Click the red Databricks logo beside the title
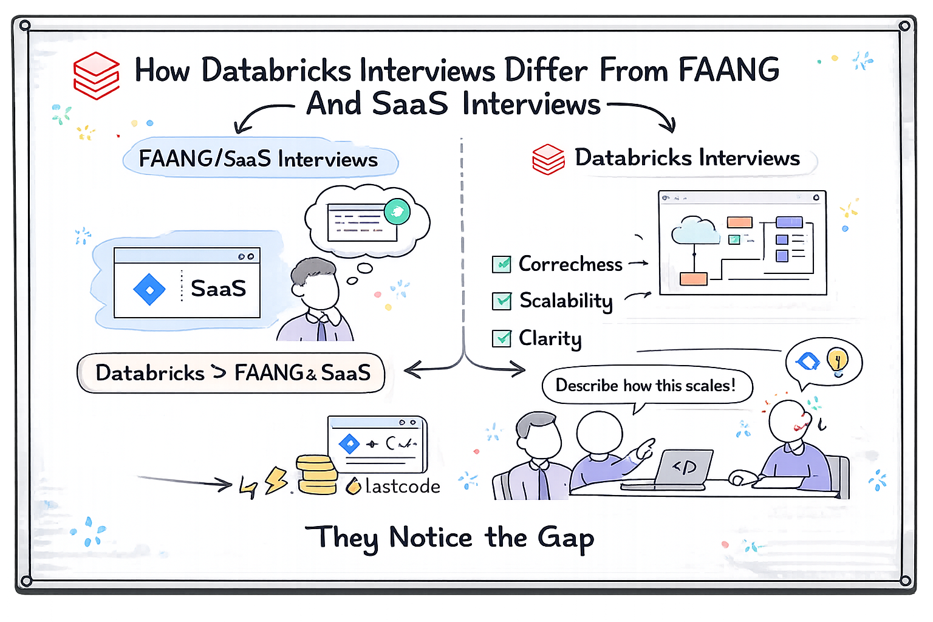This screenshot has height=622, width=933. [96, 75]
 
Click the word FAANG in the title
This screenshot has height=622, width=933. [728, 70]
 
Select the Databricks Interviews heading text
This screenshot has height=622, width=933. [687, 158]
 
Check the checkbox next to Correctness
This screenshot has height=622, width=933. [501, 264]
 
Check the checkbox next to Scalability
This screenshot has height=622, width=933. [502, 301]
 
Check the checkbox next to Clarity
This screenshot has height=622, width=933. [502, 338]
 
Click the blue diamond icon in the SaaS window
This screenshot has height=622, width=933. [149, 289]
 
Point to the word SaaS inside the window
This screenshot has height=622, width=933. [218, 289]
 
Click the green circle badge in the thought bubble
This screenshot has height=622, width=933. [397, 211]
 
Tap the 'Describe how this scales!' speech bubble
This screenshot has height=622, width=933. [646, 386]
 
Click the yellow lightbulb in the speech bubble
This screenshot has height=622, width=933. [838, 360]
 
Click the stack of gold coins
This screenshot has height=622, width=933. [316, 475]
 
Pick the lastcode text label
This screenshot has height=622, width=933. [402, 487]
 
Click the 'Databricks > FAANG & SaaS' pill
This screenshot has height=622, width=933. [231, 373]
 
